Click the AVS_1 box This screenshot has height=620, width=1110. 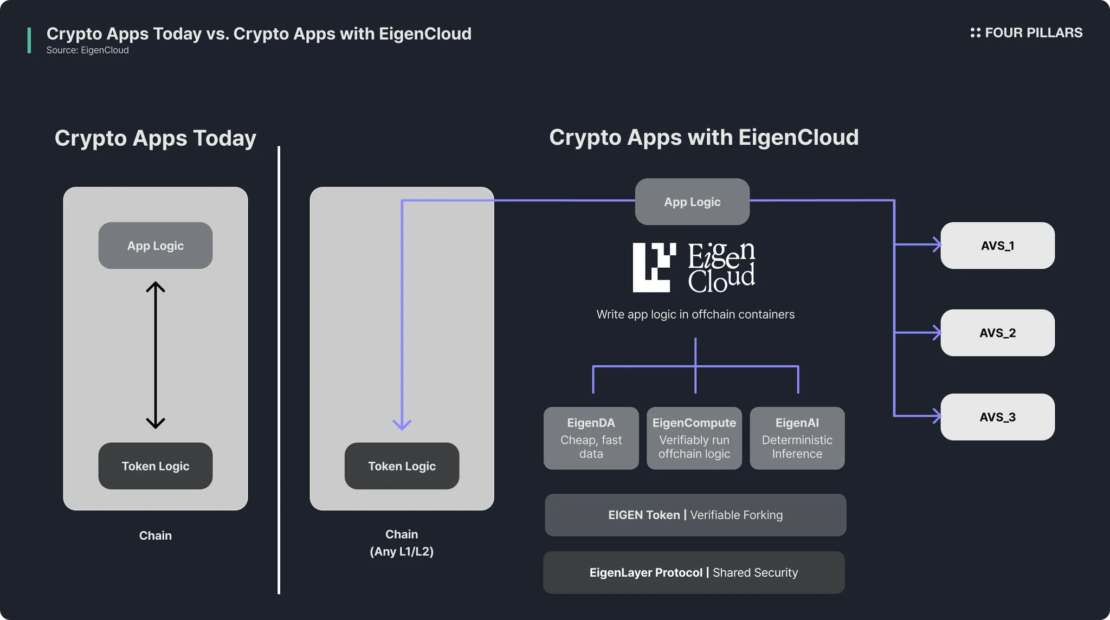coord(997,246)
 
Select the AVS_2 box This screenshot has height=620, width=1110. coord(997,333)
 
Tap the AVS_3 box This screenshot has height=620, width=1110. coord(997,417)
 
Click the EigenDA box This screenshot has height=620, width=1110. coord(591,438)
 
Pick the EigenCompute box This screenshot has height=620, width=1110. coord(694,438)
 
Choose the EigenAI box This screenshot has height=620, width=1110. coord(797,438)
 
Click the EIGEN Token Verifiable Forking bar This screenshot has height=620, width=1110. coord(695,515)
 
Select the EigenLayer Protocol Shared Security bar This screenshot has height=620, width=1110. coord(694,572)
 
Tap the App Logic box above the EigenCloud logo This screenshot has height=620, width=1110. coord(692,202)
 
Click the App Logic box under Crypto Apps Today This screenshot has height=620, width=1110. coord(156,246)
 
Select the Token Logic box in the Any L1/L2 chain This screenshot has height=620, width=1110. coord(402,466)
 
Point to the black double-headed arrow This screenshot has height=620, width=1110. coord(156,355)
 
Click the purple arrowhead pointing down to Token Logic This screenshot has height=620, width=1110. coord(402,424)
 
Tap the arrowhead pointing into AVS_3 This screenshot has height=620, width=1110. coord(936,416)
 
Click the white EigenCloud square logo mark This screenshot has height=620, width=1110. coord(654,267)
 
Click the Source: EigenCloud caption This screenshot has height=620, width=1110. coord(88,50)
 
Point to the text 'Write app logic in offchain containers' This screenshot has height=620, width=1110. coord(695,314)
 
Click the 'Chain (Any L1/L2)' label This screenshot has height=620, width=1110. coord(402,542)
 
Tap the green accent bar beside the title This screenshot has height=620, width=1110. coord(29,41)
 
